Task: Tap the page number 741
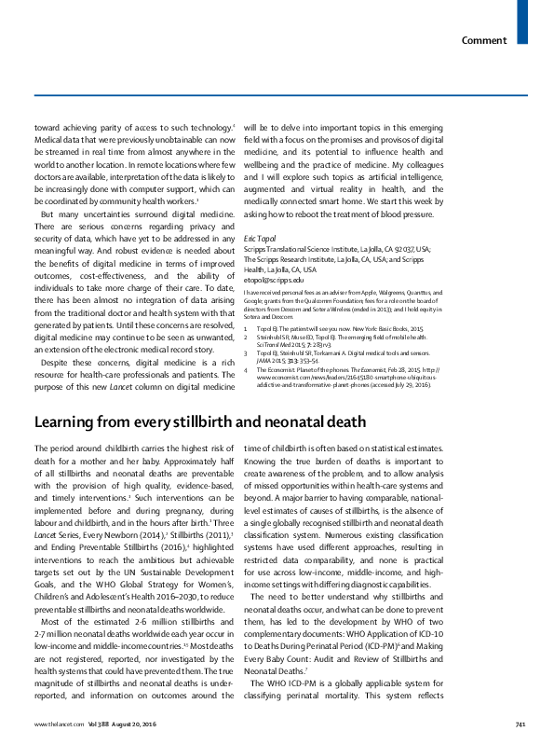pyautogui.click(x=520, y=724)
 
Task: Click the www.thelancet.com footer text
pyautogui.click(x=54, y=724)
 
